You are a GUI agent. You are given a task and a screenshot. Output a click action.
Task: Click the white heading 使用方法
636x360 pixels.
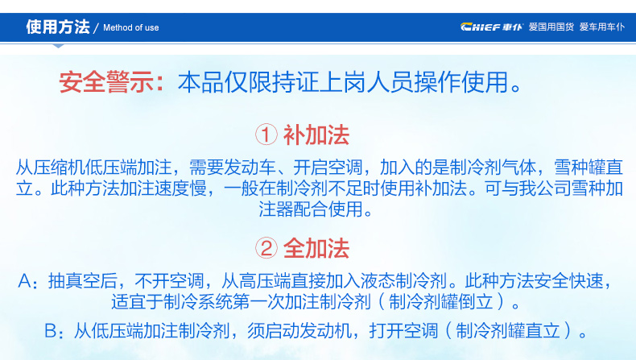tap(58, 27)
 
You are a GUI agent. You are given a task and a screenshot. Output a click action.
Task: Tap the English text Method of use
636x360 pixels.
tap(130, 27)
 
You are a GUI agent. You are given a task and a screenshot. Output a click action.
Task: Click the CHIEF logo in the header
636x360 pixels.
tap(492, 27)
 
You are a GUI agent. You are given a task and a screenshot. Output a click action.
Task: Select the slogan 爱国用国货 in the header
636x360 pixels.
tap(551, 27)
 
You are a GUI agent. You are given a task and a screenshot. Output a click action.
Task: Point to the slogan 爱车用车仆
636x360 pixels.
tap(602, 27)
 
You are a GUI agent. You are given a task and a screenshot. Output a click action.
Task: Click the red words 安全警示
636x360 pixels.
tap(106, 82)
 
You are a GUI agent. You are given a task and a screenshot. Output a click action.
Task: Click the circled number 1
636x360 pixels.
tap(266, 134)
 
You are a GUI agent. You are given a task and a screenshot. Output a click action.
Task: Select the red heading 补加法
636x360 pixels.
tap(316, 134)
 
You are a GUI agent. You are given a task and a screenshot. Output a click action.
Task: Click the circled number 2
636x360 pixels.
tap(266, 248)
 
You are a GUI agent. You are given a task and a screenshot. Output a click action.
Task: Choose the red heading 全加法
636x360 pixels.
tap(316, 248)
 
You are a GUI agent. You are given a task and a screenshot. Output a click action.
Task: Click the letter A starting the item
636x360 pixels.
tap(24, 281)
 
